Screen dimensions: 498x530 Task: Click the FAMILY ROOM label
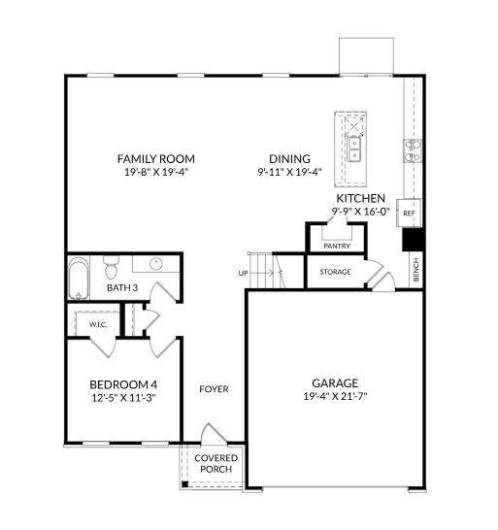[156, 158]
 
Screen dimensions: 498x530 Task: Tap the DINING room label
[289, 158]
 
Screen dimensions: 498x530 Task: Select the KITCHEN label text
[360, 198]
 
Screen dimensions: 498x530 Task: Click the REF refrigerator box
[409, 213]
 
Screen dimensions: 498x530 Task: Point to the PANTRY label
[337, 247]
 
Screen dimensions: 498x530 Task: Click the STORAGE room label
[335, 272]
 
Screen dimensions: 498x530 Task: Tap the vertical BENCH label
[416, 270]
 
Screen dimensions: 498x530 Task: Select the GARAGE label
[335, 383]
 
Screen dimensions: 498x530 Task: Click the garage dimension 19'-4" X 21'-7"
[335, 396]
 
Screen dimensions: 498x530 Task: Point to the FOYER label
[214, 389]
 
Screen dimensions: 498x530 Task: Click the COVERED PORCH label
[216, 463]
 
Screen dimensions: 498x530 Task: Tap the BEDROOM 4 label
[123, 384]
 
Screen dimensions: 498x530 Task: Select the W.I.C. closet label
[98, 324]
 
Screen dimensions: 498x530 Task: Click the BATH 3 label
[122, 287]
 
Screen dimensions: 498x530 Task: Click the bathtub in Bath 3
[79, 279]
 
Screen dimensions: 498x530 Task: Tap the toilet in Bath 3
[111, 267]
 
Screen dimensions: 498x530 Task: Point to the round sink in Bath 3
[156, 263]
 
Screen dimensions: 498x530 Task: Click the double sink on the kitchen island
[354, 149]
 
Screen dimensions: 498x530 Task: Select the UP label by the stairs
[243, 273]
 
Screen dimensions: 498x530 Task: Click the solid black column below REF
[414, 240]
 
